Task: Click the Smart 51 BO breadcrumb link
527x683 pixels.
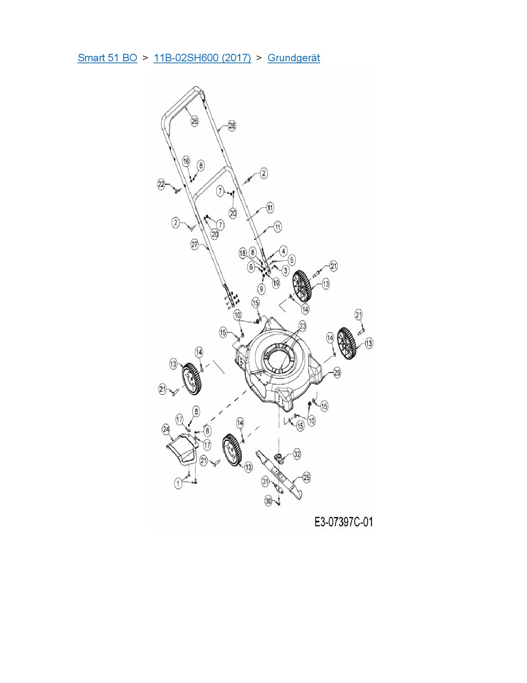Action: click(107, 58)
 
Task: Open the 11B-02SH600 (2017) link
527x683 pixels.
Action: click(202, 58)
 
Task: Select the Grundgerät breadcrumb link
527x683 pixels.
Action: click(293, 58)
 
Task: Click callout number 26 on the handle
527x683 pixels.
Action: click(194, 121)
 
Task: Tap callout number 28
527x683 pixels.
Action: click(231, 125)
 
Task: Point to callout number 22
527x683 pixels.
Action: click(162, 184)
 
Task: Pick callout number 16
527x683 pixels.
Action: click(186, 161)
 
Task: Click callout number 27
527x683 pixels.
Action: click(195, 244)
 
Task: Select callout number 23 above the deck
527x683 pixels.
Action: click(303, 326)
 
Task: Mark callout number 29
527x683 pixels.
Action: click(337, 373)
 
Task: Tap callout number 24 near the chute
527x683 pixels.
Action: click(166, 429)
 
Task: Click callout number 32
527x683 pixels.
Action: click(297, 454)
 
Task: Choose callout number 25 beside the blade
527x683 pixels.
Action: click(306, 477)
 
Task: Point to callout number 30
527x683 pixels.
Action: click(268, 501)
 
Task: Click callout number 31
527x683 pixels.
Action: click(265, 481)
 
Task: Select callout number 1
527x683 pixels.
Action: click(178, 483)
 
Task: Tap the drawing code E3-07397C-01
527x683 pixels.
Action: click(343, 522)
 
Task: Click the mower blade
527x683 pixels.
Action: click(281, 476)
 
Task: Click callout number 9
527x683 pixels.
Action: click(261, 289)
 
